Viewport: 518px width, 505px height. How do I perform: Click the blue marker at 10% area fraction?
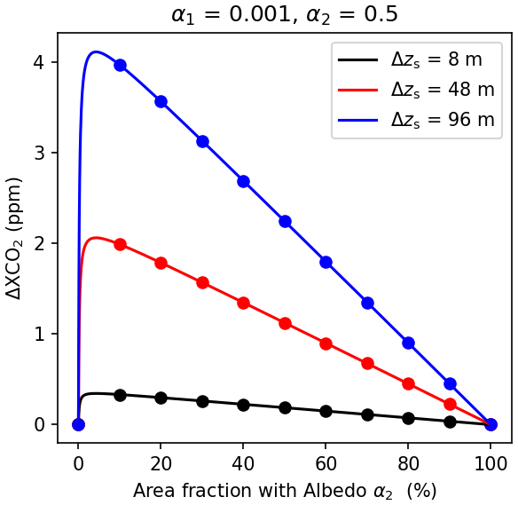pyautogui.click(x=120, y=65)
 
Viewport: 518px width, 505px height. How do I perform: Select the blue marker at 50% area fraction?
pyautogui.click(x=285, y=221)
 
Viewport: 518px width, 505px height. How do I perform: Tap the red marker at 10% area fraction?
pyautogui.click(x=120, y=245)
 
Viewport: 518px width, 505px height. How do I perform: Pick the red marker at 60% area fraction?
pyautogui.click(x=326, y=343)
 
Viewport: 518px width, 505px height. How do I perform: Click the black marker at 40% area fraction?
pyautogui.click(x=243, y=405)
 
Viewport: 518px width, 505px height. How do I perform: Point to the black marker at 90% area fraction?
pyautogui.click(x=450, y=422)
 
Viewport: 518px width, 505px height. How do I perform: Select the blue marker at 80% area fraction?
pyautogui.click(x=409, y=343)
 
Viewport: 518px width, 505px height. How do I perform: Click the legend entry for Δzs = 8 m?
pyautogui.click(x=410, y=59)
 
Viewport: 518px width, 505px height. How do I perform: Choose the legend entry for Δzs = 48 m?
pyautogui.click(x=416, y=90)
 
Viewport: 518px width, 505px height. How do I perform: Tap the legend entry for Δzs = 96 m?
pyautogui.click(x=416, y=119)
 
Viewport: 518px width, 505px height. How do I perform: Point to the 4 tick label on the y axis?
pyautogui.click(x=39, y=62)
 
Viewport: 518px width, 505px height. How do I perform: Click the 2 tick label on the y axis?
pyautogui.click(x=39, y=243)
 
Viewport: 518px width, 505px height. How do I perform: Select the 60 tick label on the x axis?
pyautogui.click(x=326, y=463)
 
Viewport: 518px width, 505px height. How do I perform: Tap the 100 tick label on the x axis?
pyautogui.click(x=491, y=463)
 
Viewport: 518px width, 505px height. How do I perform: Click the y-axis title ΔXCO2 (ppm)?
pyautogui.click(x=14, y=239)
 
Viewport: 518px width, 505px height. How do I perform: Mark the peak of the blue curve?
pyautogui.click(x=96, y=51)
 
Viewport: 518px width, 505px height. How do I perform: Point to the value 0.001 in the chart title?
pyautogui.click(x=260, y=14)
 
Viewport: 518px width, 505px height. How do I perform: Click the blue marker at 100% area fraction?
pyautogui.click(x=491, y=424)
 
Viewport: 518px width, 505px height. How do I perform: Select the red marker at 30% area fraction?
pyautogui.click(x=202, y=283)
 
